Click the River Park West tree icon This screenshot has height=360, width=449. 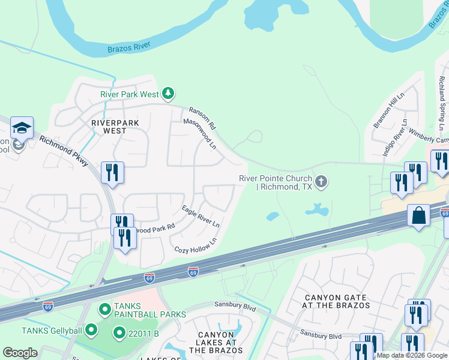pos(169,94)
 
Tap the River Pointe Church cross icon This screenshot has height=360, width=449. pos(321,182)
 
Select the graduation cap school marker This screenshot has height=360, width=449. pos(22,128)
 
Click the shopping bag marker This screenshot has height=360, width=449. pos(418,215)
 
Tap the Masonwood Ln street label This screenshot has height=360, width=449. pos(199,134)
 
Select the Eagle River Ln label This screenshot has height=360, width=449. pos(200,216)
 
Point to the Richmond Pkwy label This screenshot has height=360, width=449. pos(65,151)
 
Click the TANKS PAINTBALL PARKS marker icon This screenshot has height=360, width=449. pos(105,310)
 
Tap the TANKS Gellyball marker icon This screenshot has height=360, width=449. pos(91,329)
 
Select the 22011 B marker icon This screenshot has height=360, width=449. pos(119,333)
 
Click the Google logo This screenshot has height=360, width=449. pos(20,353)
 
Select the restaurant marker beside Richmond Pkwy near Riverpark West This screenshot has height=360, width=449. pos(112,173)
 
